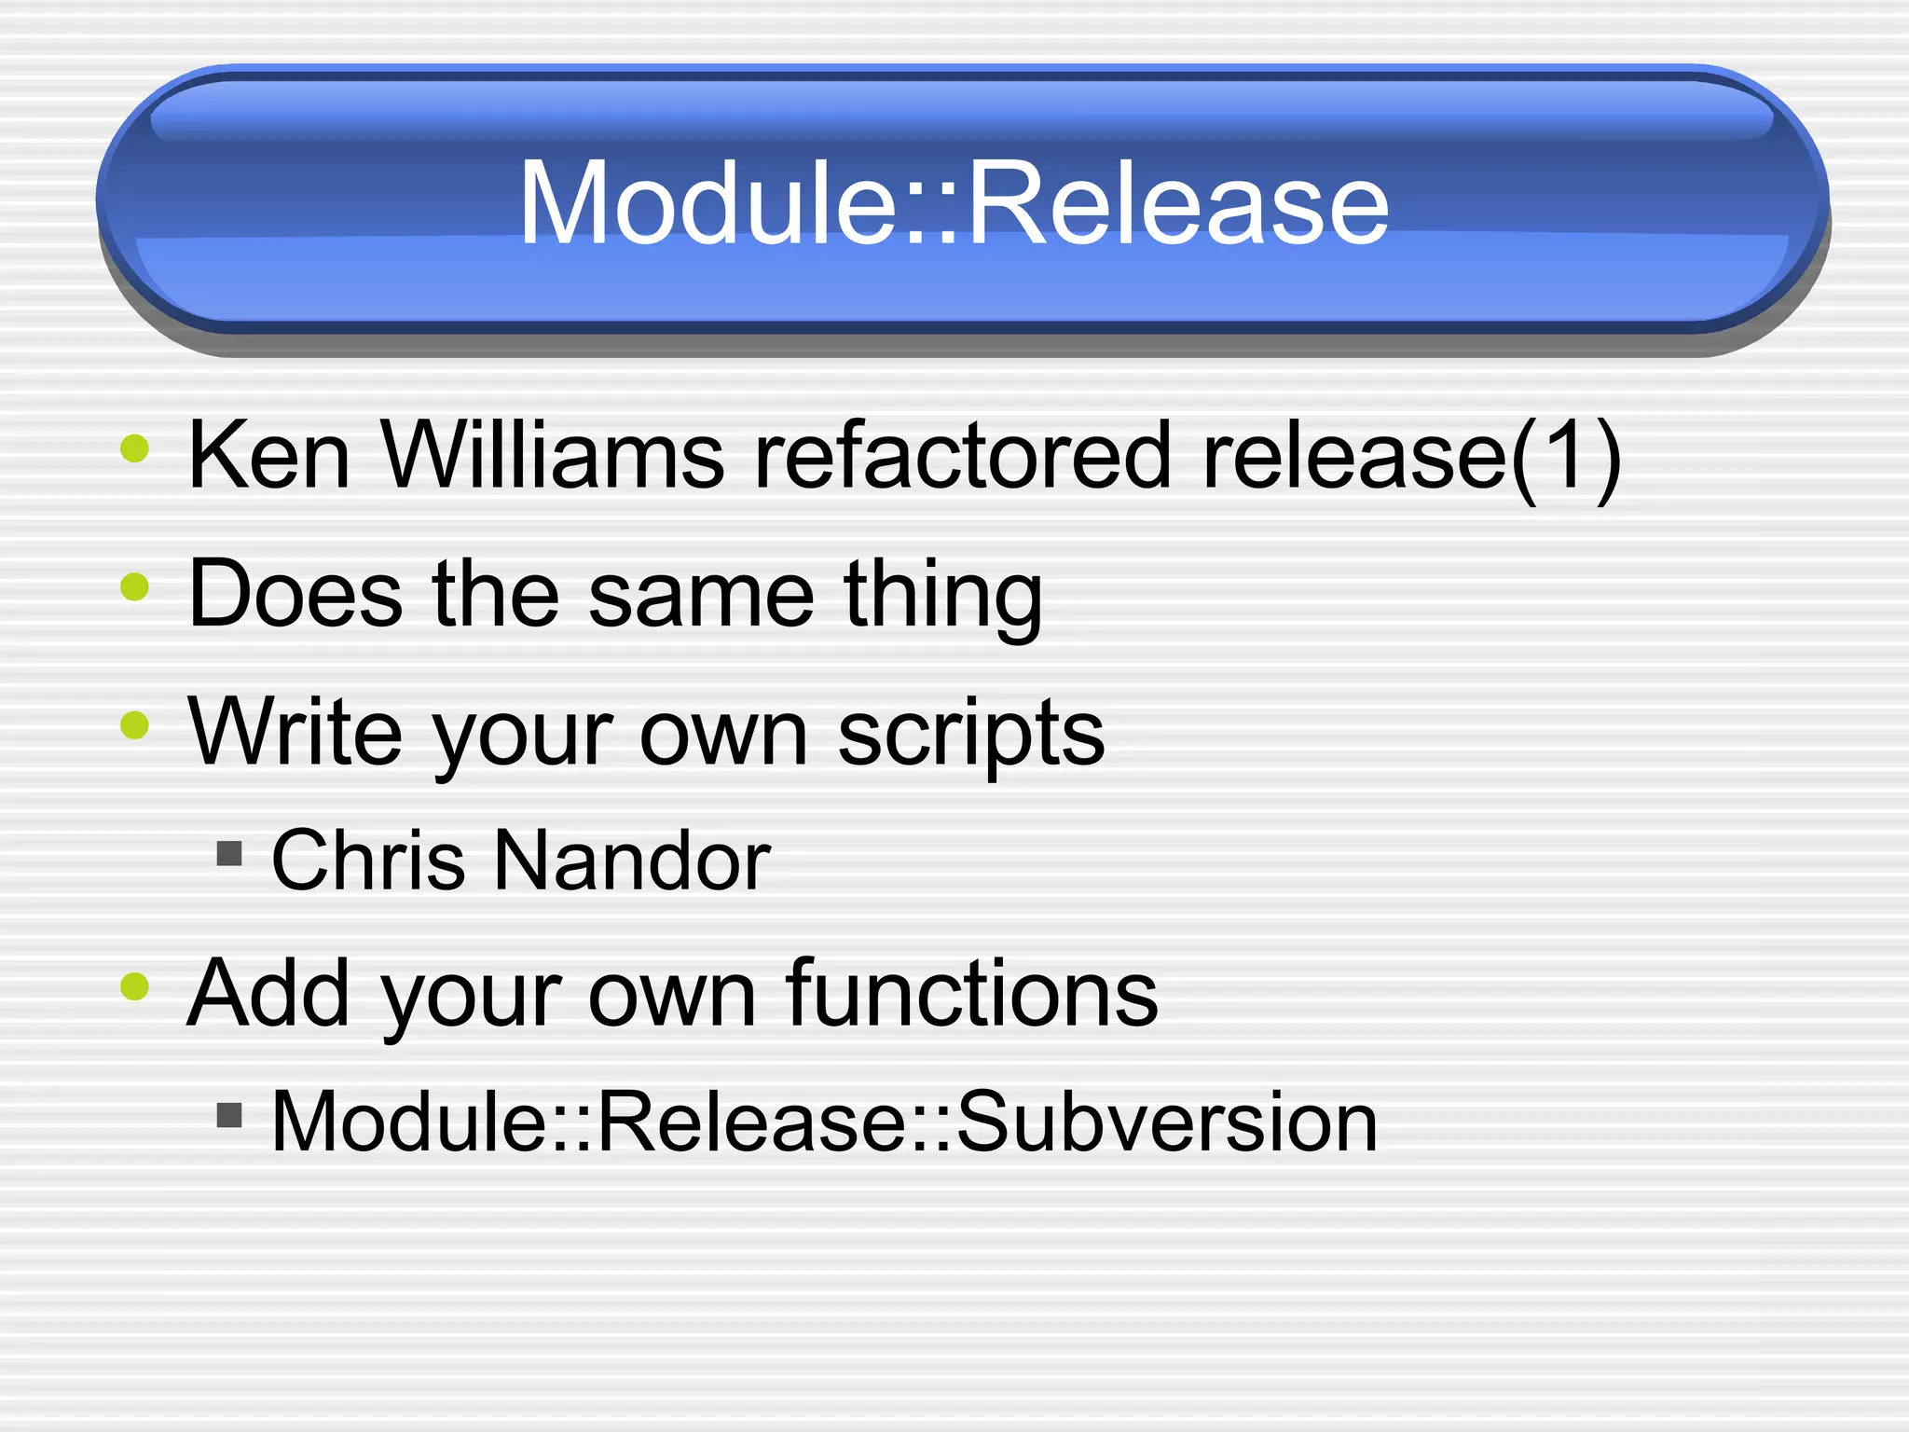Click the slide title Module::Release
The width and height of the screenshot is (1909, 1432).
[x=953, y=203]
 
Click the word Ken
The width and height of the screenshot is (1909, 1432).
[x=268, y=456]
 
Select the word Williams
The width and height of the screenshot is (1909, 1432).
[x=552, y=456]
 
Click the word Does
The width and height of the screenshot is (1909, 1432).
[x=295, y=594]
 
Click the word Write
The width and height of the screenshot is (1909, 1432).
[x=295, y=732]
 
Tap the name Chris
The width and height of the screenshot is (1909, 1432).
[x=367, y=861]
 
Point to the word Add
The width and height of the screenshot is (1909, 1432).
[x=268, y=994]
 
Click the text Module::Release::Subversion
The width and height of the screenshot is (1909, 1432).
[x=823, y=1122]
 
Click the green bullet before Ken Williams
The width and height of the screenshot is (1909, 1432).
[x=135, y=448]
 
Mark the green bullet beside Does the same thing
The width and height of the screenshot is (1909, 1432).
[x=135, y=586]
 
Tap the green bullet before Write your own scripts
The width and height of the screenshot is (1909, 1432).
[x=135, y=724]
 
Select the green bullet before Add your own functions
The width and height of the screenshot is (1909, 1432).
[x=135, y=985]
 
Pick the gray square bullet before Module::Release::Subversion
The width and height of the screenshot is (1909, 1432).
[x=229, y=1115]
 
